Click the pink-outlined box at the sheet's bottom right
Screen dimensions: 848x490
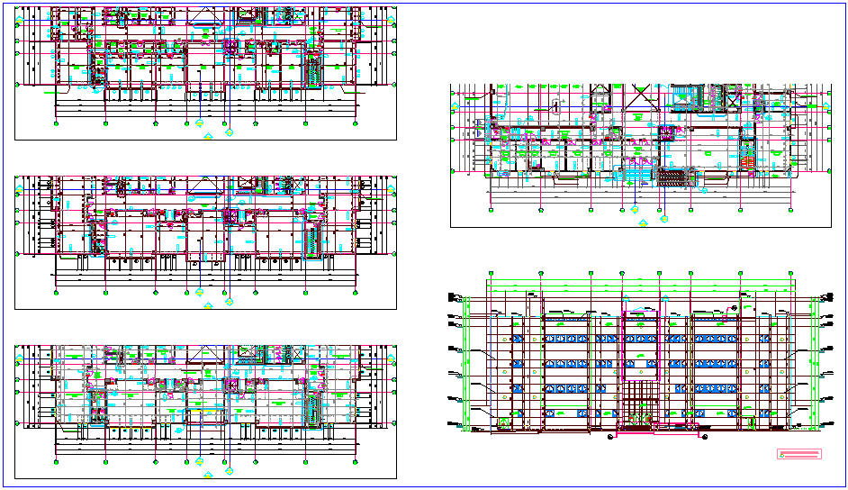click(x=799, y=454)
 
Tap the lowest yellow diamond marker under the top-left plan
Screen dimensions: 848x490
click(x=209, y=136)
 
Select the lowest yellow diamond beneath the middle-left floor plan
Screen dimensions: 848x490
click(x=209, y=305)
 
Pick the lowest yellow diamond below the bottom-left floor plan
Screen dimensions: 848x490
click(x=209, y=474)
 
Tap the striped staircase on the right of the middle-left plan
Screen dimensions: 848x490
click(x=312, y=240)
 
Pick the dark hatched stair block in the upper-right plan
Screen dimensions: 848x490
click(x=672, y=177)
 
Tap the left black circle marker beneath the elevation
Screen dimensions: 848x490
click(x=611, y=437)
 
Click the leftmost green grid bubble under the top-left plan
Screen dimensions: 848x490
click(x=56, y=122)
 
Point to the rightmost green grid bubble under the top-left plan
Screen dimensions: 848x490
click(x=357, y=122)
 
